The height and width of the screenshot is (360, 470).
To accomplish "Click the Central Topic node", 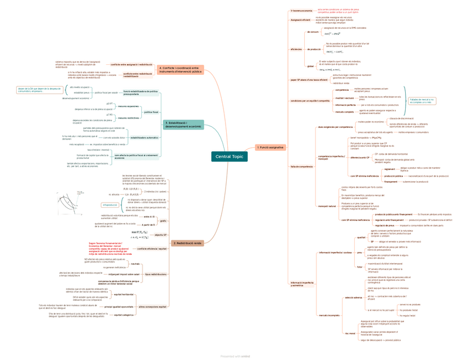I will point(229,157).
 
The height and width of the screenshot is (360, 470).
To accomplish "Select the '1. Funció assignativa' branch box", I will point(271,147).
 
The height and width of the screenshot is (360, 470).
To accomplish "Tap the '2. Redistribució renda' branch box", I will point(188,243).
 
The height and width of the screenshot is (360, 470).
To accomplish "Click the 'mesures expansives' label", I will point(129,106).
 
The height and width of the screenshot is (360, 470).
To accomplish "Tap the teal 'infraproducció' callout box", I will point(110,205).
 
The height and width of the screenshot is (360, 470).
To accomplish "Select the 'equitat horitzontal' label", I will point(124,294).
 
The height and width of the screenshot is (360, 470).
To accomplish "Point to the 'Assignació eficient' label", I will point(300,20).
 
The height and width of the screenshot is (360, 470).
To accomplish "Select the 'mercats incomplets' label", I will point(329,315).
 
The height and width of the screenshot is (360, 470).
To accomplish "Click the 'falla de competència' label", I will point(302,166).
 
